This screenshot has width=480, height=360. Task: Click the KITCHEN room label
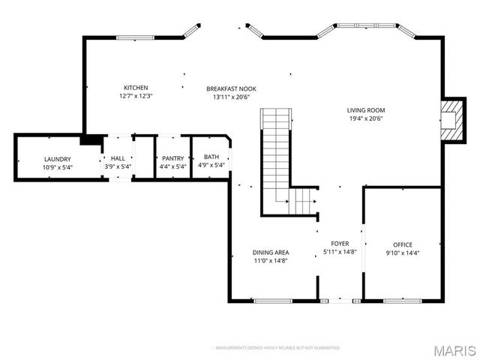point(136,88)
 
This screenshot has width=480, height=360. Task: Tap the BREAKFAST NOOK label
point(232,88)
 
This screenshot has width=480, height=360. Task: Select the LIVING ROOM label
point(366,110)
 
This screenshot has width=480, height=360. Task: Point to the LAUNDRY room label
point(58,159)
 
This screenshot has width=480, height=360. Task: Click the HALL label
point(118,158)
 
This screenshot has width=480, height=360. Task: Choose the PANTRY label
point(172,158)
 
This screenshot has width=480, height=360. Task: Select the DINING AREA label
point(270,252)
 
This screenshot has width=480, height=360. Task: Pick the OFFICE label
point(403,245)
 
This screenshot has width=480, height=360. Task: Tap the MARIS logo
point(454,350)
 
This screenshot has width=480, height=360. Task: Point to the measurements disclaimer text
point(277,348)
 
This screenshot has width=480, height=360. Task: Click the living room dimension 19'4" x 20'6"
point(366,118)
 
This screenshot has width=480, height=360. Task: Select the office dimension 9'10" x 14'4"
point(403,253)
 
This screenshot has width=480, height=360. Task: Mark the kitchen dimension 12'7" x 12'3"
point(136,96)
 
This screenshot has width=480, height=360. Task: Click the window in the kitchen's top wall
point(135,37)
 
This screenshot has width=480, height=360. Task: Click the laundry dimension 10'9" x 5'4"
point(58,166)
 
